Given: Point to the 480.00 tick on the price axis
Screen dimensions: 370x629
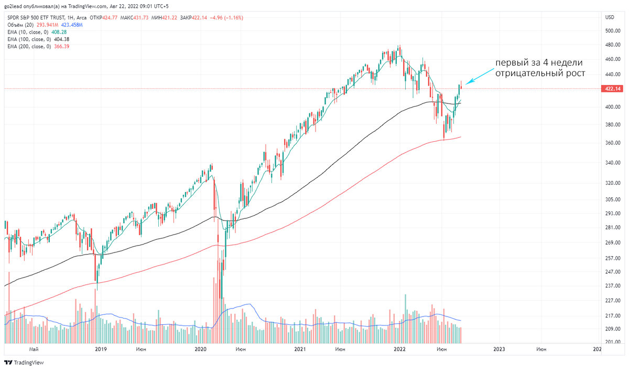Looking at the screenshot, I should click(x=613, y=45).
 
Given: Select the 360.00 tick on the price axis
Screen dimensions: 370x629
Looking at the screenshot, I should click(x=613, y=143).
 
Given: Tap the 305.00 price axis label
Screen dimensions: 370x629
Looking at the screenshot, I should click(x=613, y=199).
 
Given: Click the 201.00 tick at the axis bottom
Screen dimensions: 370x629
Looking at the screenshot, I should click(x=613, y=342).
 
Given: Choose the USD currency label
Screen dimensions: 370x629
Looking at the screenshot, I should click(x=610, y=17).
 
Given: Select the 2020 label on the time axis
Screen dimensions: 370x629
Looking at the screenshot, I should click(x=200, y=349).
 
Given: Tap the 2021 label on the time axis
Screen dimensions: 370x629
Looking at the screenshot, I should click(x=300, y=349).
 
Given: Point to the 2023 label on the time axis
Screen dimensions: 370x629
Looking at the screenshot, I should click(x=499, y=349).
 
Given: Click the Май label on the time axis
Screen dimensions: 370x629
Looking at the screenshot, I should click(x=35, y=349).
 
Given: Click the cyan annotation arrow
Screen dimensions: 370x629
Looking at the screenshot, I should click(x=477, y=78).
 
